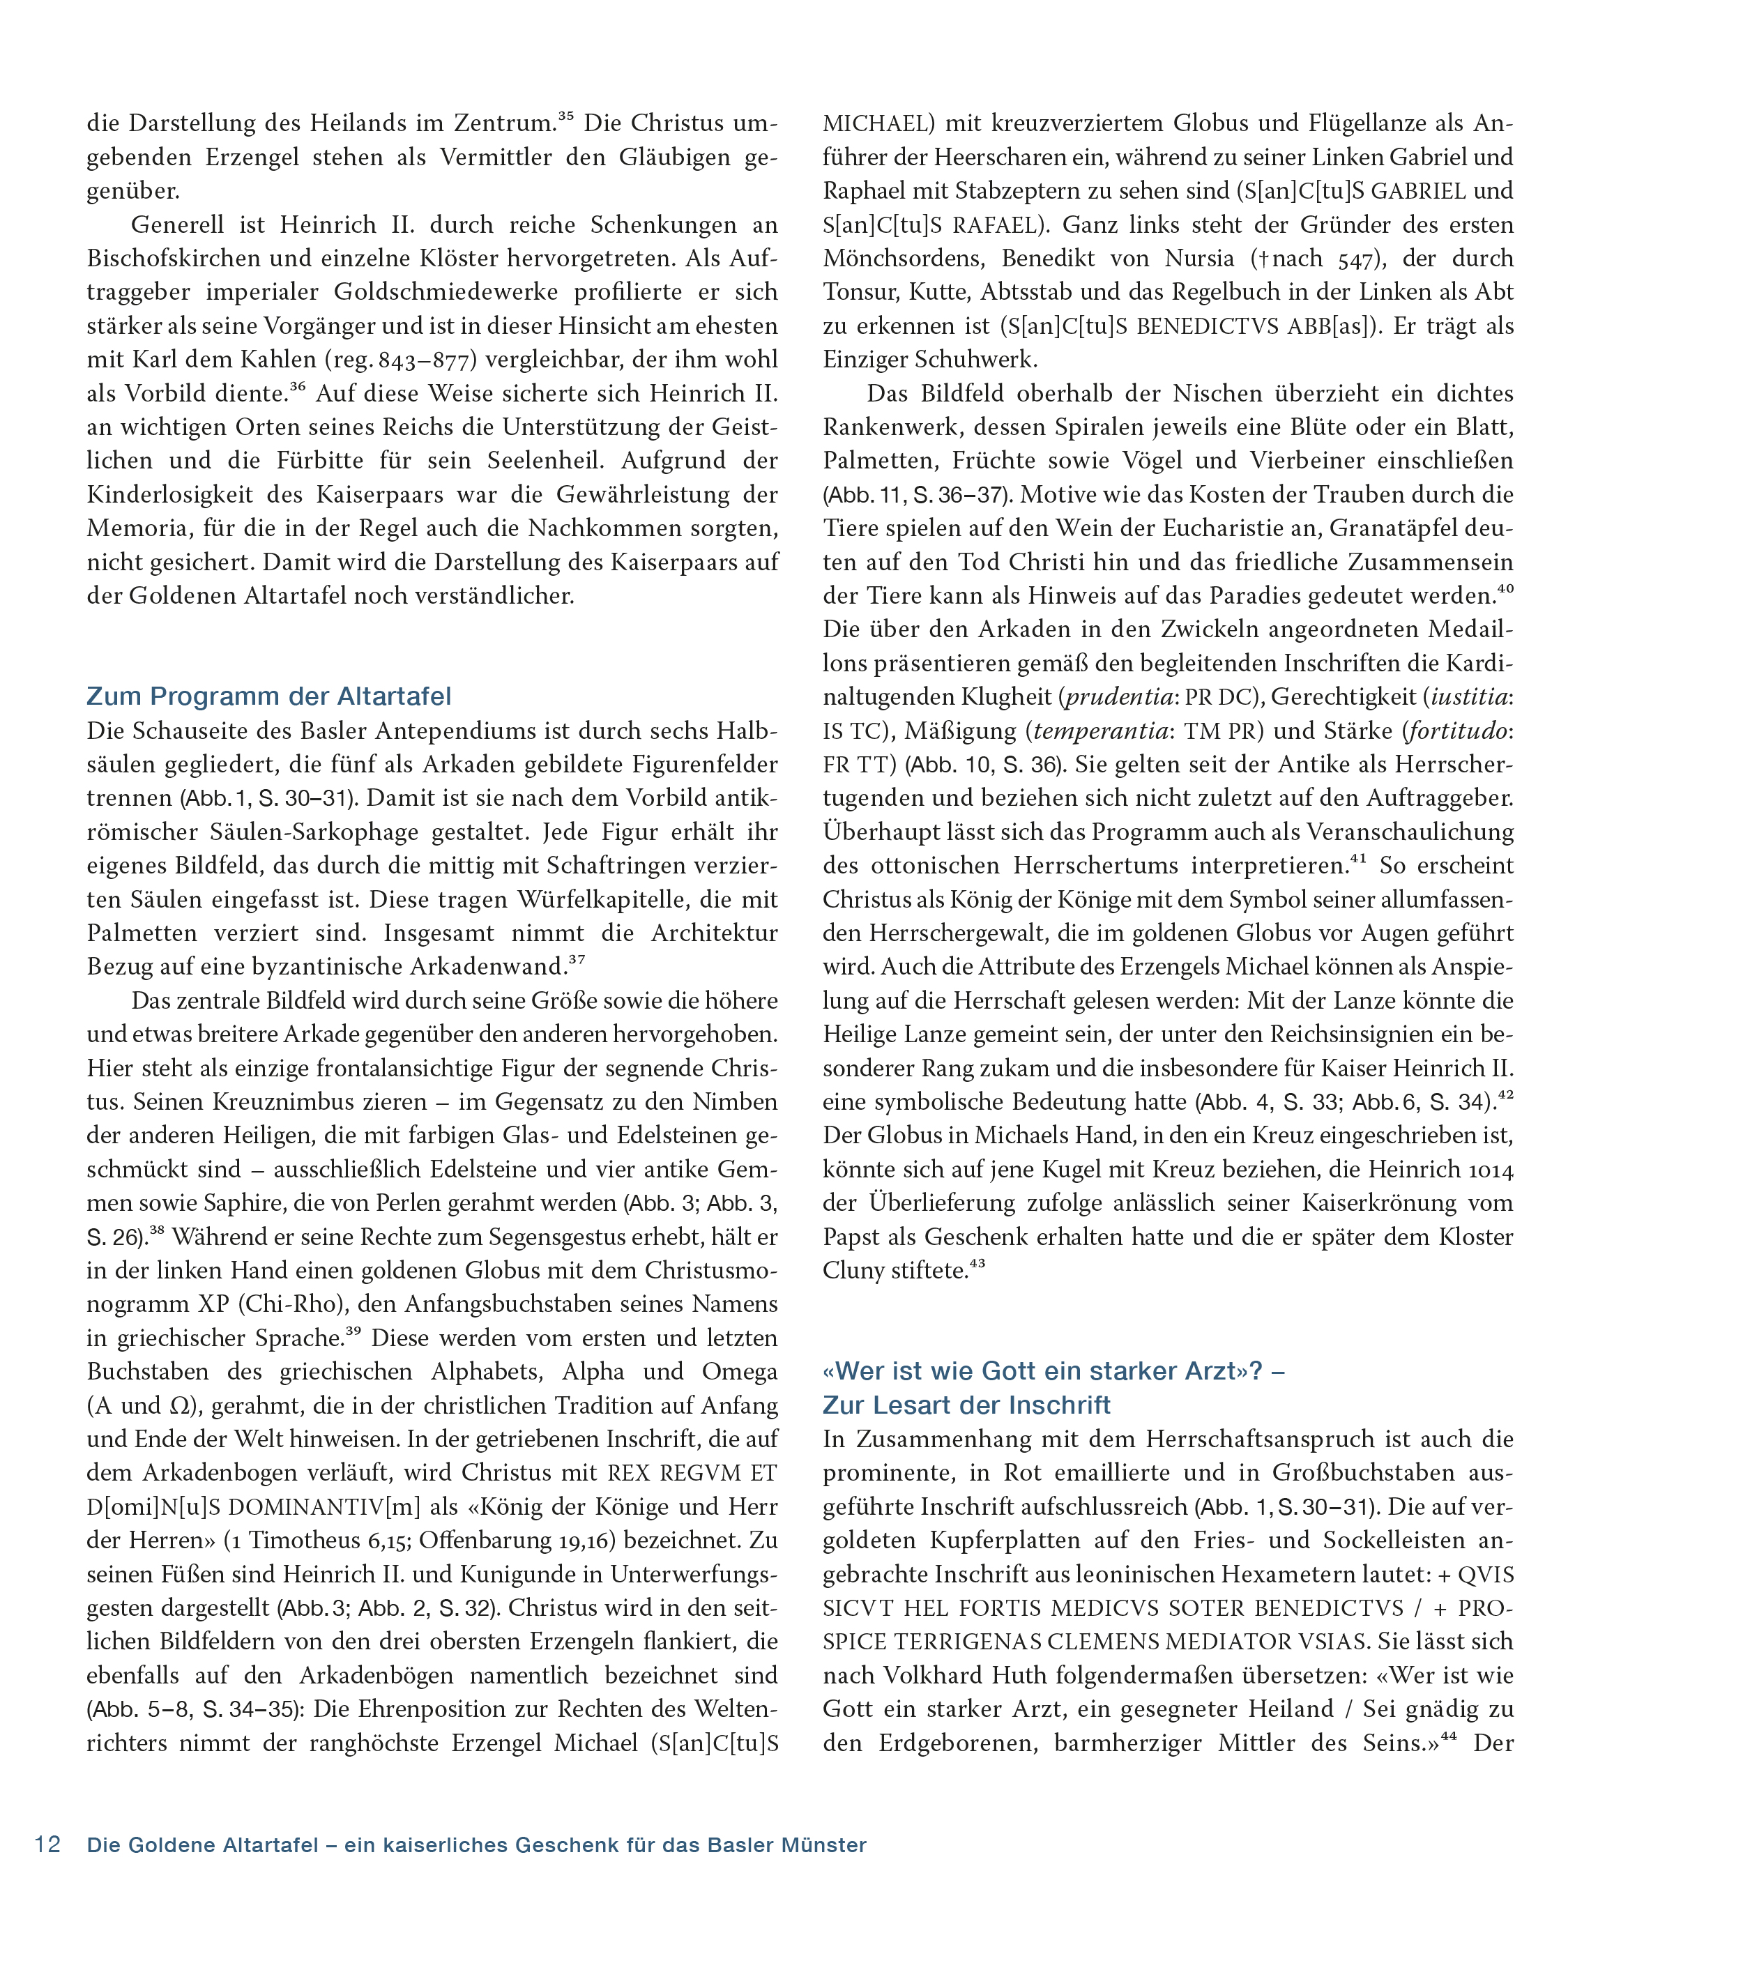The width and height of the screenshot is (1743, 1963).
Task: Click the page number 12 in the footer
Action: [48, 1845]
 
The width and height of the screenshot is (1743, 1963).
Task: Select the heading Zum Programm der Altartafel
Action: [269, 696]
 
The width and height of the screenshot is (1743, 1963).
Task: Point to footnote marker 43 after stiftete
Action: [977, 1265]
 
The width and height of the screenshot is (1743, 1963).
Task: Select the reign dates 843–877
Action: [427, 360]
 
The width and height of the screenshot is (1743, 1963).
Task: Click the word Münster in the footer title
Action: [825, 1845]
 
